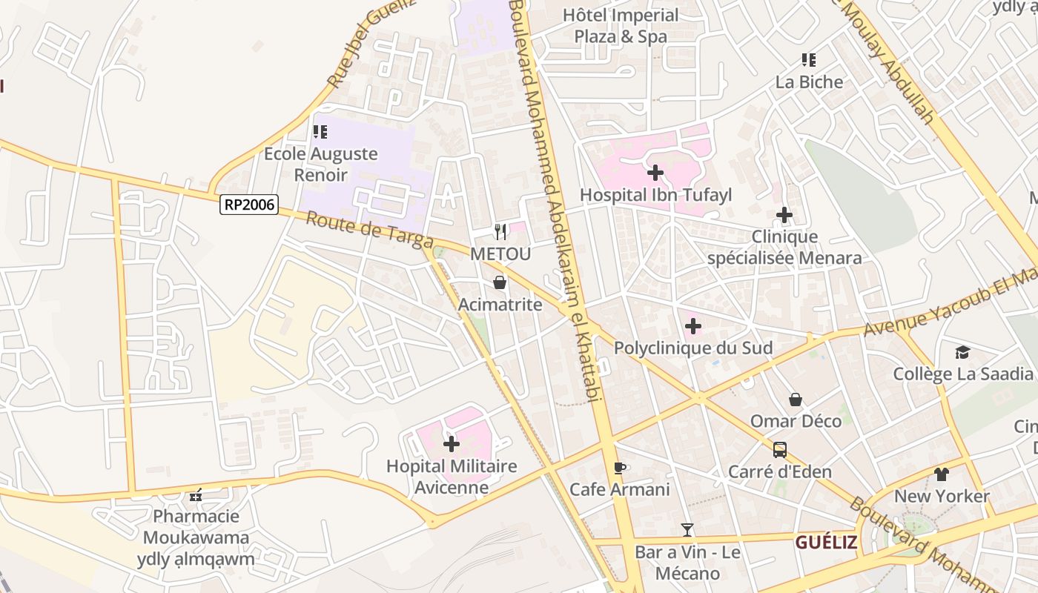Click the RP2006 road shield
[x=248, y=205]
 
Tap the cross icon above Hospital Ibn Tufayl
[x=655, y=173]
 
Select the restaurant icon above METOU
[x=500, y=232]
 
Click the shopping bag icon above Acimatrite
[x=500, y=282]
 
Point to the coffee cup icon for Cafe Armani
[x=619, y=467]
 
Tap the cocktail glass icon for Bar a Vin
[x=687, y=529]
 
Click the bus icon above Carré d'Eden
[x=779, y=449]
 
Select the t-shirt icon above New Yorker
[x=942, y=474]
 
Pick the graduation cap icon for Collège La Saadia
[x=962, y=352]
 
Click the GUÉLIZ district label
[x=826, y=543]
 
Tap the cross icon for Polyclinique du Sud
[x=692, y=326]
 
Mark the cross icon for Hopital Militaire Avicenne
[x=451, y=444]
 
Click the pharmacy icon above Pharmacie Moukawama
[x=196, y=494]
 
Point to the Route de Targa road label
[x=368, y=231]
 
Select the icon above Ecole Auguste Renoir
[x=320, y=132]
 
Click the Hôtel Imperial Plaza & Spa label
[x=621, y=25]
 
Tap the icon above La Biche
[x=808, y=59]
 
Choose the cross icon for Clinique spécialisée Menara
[x=784, y=215]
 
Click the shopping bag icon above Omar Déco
[x=795, y=400]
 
